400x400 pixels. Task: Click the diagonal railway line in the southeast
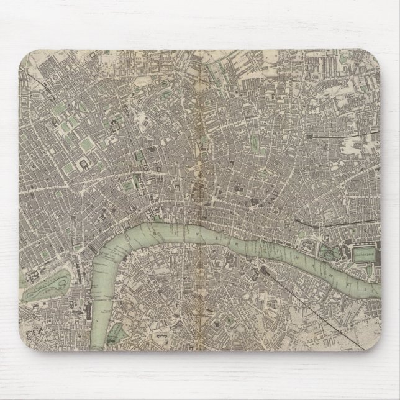pyautogui.click(x=323, y=311)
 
